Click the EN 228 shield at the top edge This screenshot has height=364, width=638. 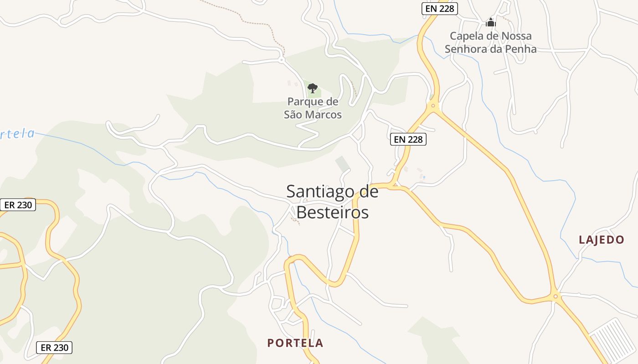tap(439, 8)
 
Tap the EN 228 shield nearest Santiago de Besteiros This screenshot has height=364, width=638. tap(408, 139)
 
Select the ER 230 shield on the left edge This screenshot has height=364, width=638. tap(18, 205)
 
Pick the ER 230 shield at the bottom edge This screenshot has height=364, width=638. tap(54, 348)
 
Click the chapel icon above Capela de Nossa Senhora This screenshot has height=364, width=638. tap(490, 22)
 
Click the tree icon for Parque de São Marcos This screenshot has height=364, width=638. tap(312, 88)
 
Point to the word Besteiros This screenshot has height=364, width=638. tap(332, 212)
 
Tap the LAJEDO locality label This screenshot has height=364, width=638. tap(601, 240)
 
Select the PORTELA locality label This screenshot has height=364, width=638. tap(295, 343)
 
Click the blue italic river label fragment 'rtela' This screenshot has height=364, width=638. tap(17, 134)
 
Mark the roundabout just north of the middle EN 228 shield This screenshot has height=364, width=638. tap(432, 107)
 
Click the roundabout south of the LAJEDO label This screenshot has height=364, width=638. tap(555, 297)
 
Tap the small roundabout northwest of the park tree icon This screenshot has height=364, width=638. tap(282, 60)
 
